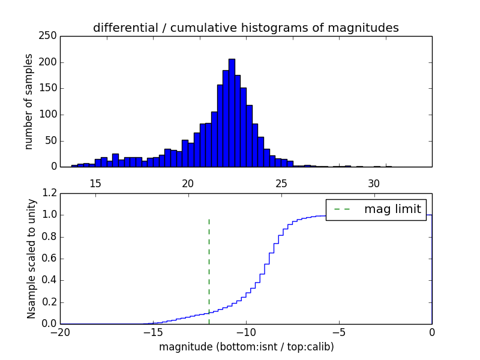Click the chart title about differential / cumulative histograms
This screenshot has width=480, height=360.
click(245, 28)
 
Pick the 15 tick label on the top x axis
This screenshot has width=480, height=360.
click(95, 184)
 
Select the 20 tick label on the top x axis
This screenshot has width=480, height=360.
click(188, 184)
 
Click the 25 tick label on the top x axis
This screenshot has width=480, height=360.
click(281, 184)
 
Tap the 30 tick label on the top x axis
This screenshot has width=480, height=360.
click(374, 184)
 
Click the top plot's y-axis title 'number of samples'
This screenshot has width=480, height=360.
click(29, 101)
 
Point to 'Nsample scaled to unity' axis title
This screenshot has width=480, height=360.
click(31, 259)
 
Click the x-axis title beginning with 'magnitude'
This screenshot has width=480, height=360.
click(246, 347)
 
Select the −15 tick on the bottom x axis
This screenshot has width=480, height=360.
click(153, 332)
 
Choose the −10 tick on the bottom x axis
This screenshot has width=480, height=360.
click(246, 332)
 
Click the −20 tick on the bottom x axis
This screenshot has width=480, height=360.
click(60, 332)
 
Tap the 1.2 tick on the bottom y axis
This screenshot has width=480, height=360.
click(50, 194)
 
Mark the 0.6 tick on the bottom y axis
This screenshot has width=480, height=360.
click(50, 259)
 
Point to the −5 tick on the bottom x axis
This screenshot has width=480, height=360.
click(339, 332)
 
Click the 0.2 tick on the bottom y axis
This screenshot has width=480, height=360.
click(50, 302)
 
